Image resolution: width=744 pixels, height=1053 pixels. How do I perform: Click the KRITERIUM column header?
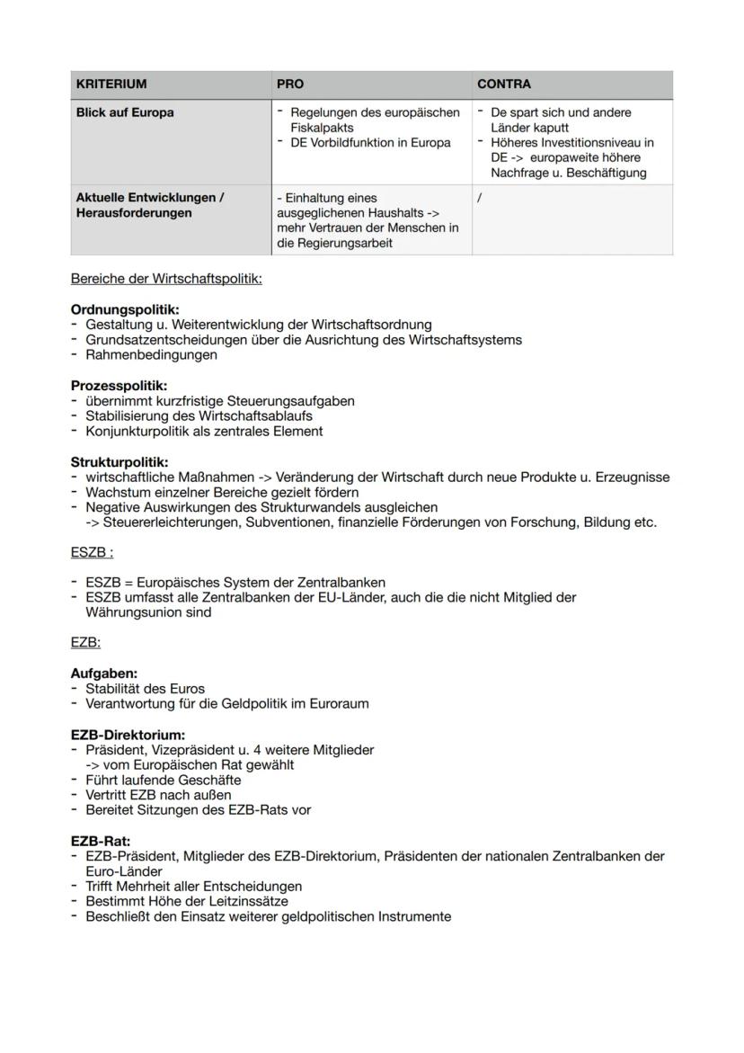[111, 85]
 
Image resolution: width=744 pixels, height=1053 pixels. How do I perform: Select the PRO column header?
[290, 85]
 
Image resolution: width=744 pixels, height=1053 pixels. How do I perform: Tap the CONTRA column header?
[503, 85]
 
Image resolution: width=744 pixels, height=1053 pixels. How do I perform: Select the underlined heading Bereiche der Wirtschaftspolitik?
[166, 279]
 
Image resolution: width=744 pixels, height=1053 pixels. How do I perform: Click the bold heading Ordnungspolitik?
[125, 309]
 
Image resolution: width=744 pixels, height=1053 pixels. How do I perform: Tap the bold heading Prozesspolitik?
[120, 386]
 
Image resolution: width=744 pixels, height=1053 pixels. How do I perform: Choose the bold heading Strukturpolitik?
[120, 462]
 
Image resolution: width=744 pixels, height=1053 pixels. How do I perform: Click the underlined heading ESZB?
[92, 552]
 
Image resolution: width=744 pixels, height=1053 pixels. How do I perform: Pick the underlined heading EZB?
[85, 643]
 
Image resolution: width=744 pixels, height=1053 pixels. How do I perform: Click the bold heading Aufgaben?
[104, 674]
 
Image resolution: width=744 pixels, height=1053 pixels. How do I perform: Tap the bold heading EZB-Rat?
[101, 842]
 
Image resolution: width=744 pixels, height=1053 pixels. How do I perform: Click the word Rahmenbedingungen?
[151, 355]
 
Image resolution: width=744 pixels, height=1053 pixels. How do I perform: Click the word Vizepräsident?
[184, 750]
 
